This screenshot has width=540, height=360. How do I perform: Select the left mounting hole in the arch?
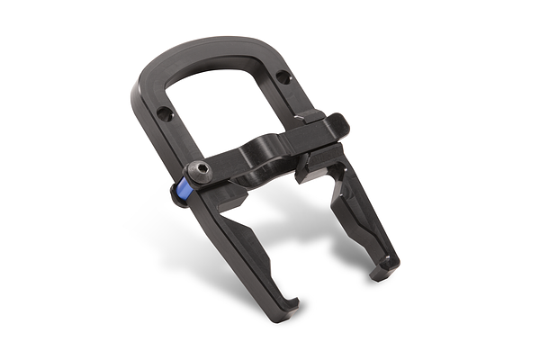tap(163, 114)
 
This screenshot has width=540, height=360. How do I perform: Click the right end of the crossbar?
tap(337, 126)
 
